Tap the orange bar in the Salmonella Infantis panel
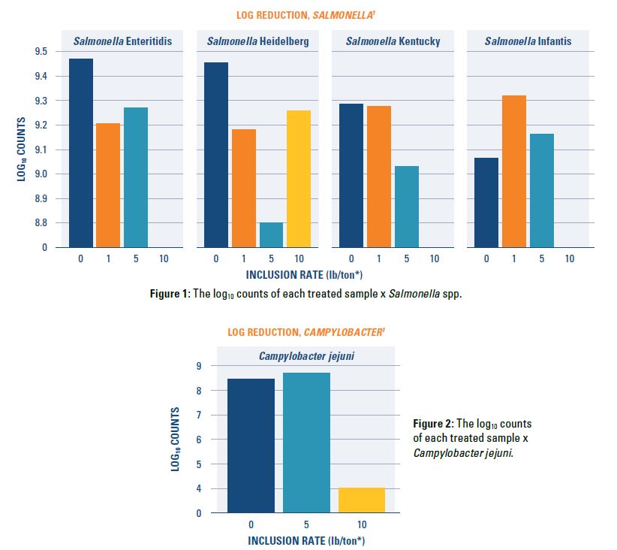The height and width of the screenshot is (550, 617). (514, 171)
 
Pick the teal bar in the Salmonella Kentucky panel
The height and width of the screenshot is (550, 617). (407, 207)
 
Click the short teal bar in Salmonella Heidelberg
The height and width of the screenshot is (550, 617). (271, 234)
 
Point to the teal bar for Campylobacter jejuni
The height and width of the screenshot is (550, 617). (306, 443)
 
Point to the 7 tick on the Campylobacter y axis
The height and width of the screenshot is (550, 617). (199, 416)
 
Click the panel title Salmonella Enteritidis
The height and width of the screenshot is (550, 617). (122, 41)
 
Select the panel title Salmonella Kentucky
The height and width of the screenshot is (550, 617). (393, 41)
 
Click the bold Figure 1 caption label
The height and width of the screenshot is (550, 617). (170, 294)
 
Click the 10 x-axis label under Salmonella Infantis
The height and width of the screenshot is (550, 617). (570, 259)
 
